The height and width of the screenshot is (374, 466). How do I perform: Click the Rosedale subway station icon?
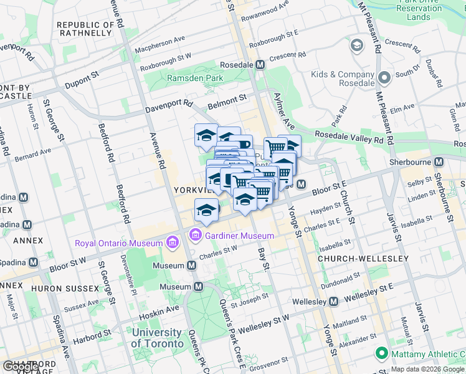[260, 65]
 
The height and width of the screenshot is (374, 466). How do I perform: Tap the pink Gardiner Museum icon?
[194, 236]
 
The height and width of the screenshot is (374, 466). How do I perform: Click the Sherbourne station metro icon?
[439, 161]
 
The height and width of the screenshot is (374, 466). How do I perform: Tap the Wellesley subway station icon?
[333, 302]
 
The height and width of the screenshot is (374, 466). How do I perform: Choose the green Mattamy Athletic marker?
[381, 354]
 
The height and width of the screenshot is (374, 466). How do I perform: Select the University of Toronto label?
[158, 338]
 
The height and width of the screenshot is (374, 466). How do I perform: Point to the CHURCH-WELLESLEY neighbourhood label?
[363, 258]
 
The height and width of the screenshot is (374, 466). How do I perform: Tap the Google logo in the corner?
[20, 367]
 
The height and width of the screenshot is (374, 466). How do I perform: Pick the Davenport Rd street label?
[169, 107]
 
